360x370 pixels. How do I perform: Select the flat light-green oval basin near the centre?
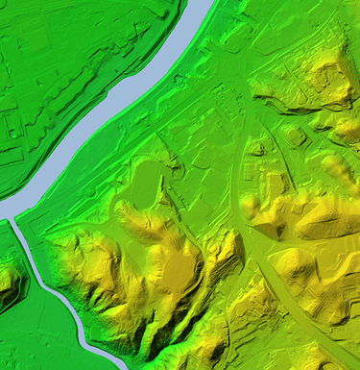point(144,183)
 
